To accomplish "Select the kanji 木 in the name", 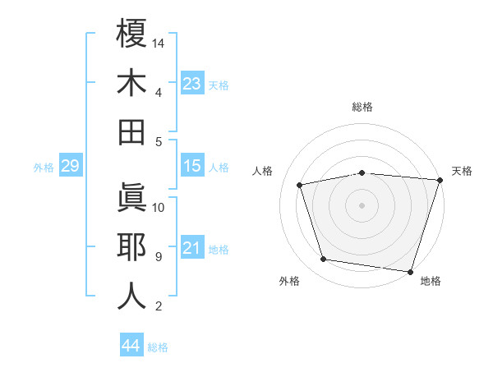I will point(131,83).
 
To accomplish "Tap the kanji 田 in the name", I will point(131,132).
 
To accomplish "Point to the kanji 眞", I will point(131,198).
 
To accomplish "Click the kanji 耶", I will point(131,247).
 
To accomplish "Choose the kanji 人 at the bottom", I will point(131,296).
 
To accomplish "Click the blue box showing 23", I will point(192,84).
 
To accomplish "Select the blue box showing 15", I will point(192,167).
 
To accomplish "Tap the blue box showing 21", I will point(192,249).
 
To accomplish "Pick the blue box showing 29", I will point(70,167).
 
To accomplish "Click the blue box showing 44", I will point(131,347).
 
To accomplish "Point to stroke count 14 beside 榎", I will point(159,43).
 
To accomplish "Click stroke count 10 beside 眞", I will point(159,207).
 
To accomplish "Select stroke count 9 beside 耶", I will point(158,257).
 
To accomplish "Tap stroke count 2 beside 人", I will point(158,306).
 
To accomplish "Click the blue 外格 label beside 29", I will point(44,168).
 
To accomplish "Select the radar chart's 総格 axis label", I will point(362,107).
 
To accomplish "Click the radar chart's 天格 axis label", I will point(462,171).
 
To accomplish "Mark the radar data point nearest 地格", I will point(411,271).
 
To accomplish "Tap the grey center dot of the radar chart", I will point(362,204).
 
